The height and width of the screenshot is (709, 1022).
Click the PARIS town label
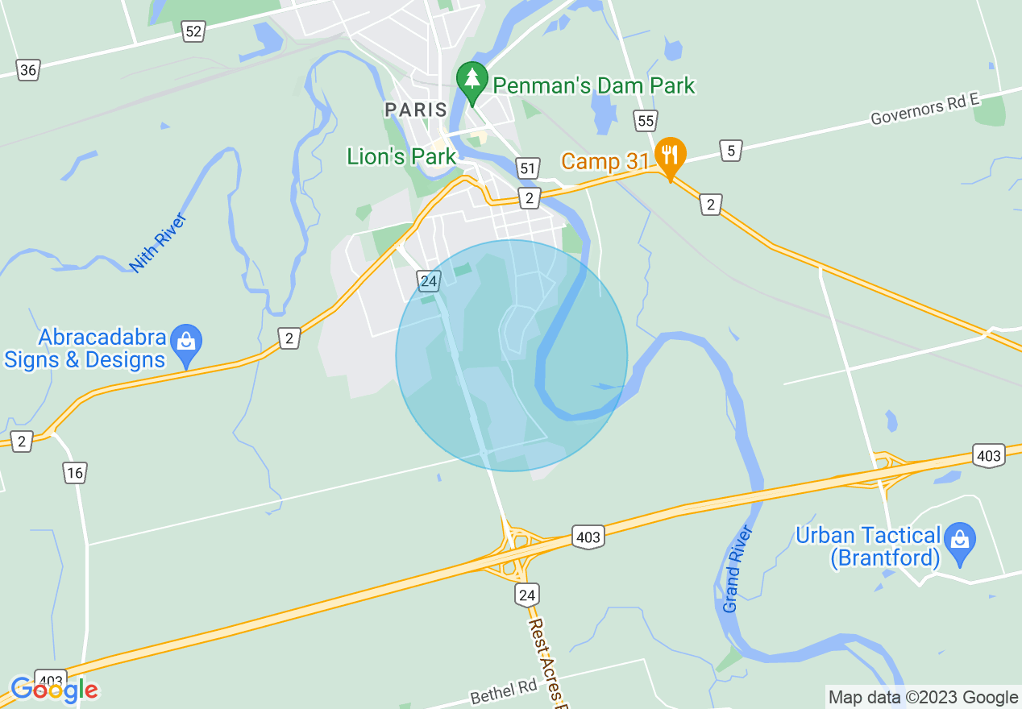[x=415, y=110]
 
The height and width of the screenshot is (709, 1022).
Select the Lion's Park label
[x=401, y=156]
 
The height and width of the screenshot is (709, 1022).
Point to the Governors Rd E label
[x=924, y=109]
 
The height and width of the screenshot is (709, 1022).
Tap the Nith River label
[x=157, y=243]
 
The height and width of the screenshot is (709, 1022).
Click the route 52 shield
[x=193, y=31]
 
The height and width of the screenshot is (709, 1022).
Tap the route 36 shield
[x=28, y=70]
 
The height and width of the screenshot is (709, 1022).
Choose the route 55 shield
[x=645, y=121]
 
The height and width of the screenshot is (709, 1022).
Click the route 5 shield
[x=730, y=150]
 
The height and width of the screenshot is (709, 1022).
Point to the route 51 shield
[x=527, y=168]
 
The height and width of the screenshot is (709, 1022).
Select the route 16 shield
[x=75, y=473]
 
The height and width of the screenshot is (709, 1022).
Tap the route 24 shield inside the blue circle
[x=429, y=281]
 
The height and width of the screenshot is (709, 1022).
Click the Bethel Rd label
[x=504, y=690]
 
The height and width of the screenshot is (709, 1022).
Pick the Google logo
[x=54, y=690]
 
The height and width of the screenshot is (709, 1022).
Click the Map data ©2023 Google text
[x=924, y=698]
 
